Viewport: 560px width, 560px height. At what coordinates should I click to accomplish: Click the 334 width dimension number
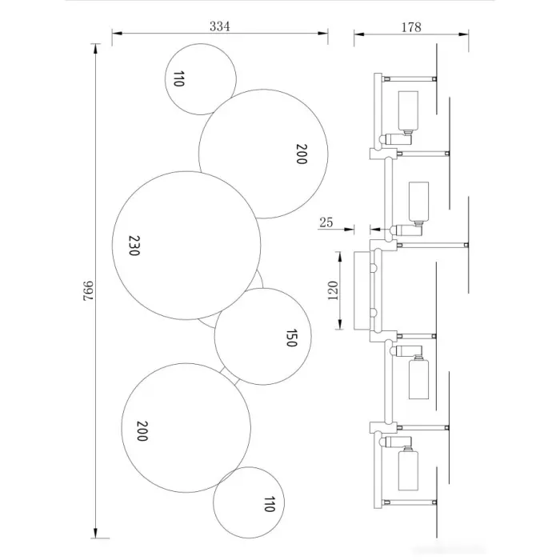(220, 26)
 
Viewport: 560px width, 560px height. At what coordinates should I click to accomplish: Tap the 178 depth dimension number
(411, 27)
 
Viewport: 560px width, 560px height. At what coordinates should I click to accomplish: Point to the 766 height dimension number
(88, 290)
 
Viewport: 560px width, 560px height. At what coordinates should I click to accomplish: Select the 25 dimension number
(326, 222)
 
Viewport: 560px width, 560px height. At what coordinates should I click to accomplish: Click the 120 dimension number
(332, 290)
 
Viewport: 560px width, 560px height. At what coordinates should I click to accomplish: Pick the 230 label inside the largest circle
(134, 246)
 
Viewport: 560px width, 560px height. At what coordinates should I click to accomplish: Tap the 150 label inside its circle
(291, 338)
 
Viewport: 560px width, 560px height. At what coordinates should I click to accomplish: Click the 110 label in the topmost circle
(178, 78)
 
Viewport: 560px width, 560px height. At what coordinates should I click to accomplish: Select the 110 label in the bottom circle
(269, 503)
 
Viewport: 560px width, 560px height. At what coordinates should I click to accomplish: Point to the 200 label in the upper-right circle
(302, 154)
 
